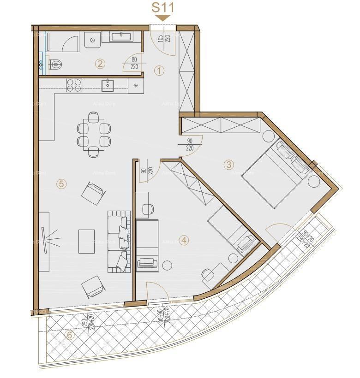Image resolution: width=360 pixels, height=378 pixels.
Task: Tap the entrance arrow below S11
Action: (162, 18)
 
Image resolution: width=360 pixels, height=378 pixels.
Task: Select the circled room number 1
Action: (159, 71)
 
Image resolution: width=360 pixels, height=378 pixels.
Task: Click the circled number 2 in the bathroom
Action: (100, 64)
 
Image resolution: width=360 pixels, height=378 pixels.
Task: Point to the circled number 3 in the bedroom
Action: (228, 164)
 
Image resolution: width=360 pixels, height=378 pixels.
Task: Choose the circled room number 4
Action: (184, 240)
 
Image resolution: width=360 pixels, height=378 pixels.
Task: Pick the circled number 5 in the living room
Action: (61, 184)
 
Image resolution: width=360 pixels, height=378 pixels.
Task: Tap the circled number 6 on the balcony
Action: (70, 335)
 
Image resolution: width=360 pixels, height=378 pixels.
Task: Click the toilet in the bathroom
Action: (54, 65)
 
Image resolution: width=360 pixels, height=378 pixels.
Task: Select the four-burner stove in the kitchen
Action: (74, 85)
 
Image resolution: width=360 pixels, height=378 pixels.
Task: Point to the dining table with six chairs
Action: (94, 134)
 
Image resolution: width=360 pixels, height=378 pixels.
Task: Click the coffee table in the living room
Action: (86, 241)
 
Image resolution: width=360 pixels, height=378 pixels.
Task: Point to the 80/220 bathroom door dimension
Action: (134, 63)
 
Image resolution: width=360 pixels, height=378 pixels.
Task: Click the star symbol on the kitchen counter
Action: (136, 85)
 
